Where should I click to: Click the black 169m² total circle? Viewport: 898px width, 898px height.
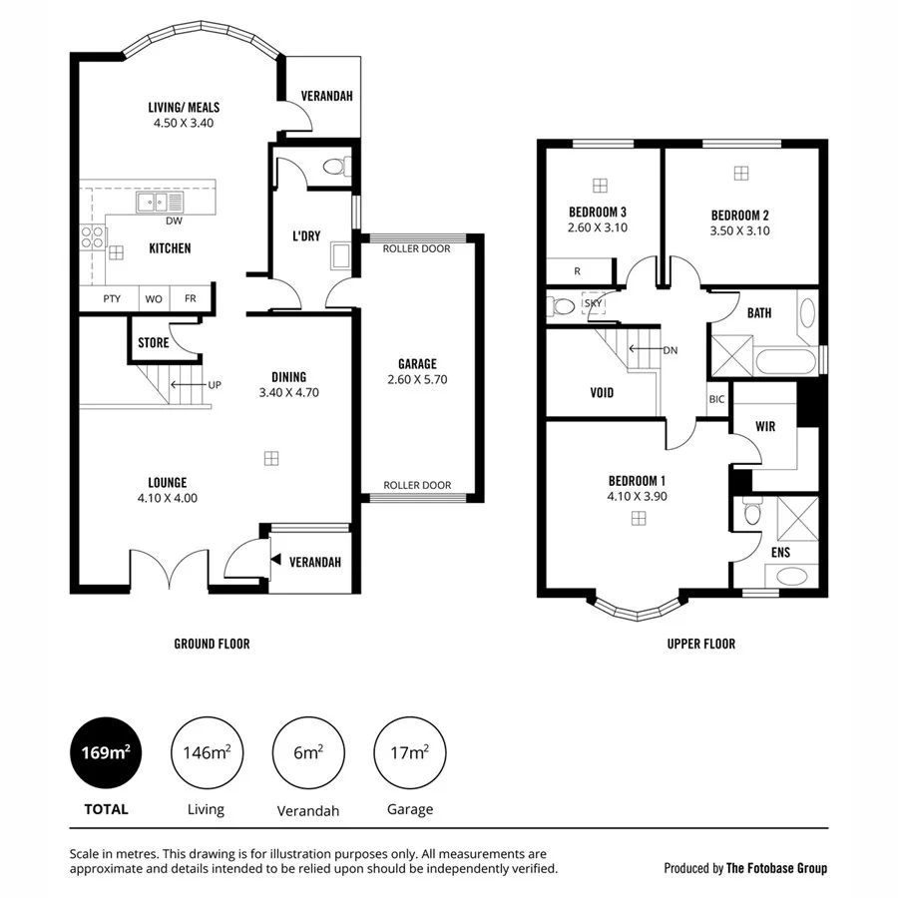coord(105,753)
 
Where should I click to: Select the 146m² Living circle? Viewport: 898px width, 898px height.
coord(208,753)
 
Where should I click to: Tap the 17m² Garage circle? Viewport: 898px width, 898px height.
coord(409,753)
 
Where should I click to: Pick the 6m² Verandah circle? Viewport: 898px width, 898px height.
coord(308,753)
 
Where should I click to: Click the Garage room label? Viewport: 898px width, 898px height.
coord(417,364)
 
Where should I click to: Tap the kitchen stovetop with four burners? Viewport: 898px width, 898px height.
coord(92,237)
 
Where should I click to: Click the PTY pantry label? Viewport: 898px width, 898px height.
coord(113,298)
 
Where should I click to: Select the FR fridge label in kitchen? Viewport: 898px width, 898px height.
coord(190,298)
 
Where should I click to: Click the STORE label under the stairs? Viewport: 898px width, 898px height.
coord(153,342)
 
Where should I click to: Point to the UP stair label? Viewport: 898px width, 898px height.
coord(214,384)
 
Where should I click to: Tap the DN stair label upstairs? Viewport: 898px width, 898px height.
coord(671,350)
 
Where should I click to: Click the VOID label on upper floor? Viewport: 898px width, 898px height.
coord(596,392)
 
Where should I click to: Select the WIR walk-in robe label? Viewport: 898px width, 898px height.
coord(765,425)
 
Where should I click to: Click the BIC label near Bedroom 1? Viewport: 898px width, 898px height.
coord(716,399)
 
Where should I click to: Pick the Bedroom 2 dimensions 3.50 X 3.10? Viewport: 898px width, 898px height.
coord(739,230)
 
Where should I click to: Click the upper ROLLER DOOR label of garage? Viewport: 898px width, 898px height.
coord(417,248)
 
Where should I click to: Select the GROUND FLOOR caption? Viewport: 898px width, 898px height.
coord(212,644)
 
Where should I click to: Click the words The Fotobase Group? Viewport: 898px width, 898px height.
coord(776,868)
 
